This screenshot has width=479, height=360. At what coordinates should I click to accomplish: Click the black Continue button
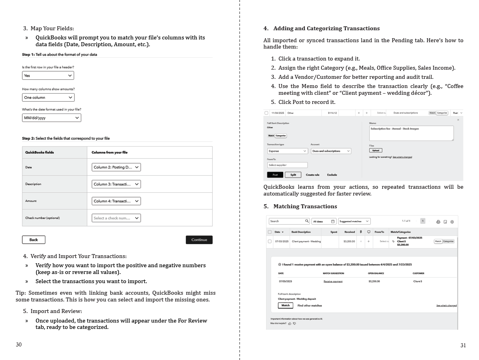point(199,240)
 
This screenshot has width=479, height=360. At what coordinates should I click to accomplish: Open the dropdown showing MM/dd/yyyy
point(51,118)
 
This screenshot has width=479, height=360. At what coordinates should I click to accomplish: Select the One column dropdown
point(48,98)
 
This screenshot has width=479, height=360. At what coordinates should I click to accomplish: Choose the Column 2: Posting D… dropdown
point(116,167)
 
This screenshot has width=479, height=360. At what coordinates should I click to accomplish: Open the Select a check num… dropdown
point(116,218)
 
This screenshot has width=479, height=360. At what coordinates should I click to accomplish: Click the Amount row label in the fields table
point(31,201)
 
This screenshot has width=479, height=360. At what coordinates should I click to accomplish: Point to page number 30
point(19,344)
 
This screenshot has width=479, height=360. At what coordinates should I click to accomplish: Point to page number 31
point(463,345)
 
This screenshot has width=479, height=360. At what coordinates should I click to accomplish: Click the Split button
point(293,175)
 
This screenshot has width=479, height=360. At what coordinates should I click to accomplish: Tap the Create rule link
point(312,175)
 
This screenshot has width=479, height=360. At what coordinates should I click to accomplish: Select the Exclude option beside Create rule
point(332,175)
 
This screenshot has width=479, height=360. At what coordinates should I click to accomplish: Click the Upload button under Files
point(376,151)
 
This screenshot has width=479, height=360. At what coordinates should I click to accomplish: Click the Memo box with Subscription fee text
point(411,133)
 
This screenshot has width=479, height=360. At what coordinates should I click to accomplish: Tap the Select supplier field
point(287,165)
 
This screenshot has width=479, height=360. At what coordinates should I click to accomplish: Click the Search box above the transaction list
point(289,221)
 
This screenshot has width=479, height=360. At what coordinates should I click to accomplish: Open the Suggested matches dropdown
point(354,221)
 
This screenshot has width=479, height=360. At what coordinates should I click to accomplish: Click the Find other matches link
point(310,305)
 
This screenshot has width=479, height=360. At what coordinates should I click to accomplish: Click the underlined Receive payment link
point(333,282)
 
